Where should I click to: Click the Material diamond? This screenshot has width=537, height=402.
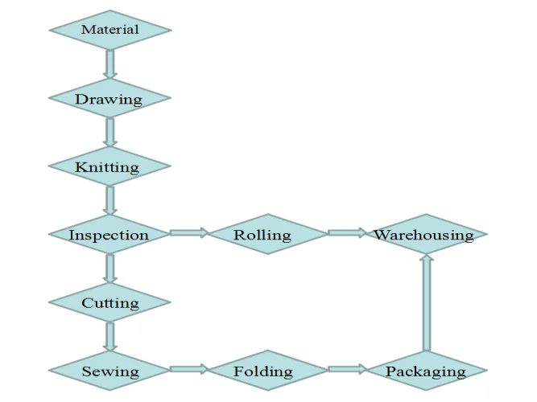click(x=110, y=30)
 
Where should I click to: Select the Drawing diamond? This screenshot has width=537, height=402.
click(x=110, y=99)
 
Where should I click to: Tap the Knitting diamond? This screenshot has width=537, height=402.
click(x=110, y=167)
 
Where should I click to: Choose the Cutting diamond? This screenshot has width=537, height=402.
click(x=110, y=303)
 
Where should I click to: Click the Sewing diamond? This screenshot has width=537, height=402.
click(x=110, y=371)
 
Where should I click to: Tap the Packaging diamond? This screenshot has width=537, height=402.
click(x=426, y=371)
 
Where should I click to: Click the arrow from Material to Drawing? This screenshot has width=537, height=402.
click(x=110, y=64)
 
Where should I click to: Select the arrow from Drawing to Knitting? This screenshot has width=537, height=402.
click(x=110, y=133)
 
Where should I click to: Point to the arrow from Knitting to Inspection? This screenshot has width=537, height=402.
click(x=110, y=201)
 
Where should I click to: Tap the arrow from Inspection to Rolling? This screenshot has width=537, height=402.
click(x=189, y=233)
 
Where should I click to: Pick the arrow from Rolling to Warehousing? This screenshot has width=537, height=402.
click(x=347, y=233)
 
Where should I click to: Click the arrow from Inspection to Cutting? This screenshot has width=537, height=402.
click(x=110, y=269)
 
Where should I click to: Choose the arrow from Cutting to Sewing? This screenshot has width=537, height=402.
click(x=110, y=337)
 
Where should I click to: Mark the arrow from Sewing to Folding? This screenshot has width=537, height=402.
click(x=189, y=370)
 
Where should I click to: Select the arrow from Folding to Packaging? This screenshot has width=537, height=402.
click(x=347, y=370)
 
